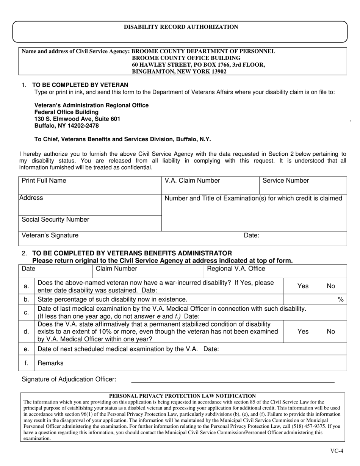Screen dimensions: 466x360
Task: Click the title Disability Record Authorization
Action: [x=181, y=27]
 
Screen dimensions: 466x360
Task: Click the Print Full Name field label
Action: [x=44, y=181]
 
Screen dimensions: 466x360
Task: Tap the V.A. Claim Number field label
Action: [x=192, y=181]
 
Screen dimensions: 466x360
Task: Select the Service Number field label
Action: [x=286, y=181]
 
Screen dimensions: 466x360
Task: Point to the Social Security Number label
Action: [x=56, y=220]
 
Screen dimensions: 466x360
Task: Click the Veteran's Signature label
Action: [x=50, y=235]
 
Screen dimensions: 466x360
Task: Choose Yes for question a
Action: [x=303, y=286]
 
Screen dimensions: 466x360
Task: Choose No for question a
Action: [x=331, y=286]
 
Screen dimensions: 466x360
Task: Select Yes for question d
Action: [x=303, y=332]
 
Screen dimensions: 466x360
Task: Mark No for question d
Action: [x=331, y=332]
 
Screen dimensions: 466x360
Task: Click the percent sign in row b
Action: [x=340, y=300]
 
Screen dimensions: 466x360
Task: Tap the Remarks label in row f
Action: [x=51, y=363]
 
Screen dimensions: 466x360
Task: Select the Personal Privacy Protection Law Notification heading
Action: [x=182, y=396]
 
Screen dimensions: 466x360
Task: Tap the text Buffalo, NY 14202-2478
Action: [x=67, y=126]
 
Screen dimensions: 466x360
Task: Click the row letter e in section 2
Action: [x=26, y=349]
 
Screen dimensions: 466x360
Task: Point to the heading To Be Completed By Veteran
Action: [x=80, y=85]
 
